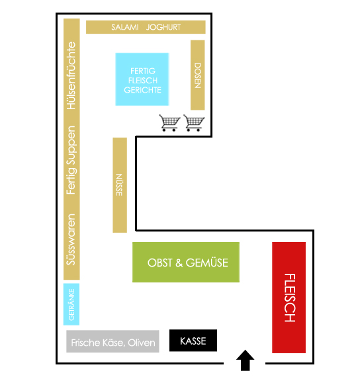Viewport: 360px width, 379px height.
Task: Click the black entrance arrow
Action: coord(245,360)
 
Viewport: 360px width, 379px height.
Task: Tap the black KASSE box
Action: coord(193,341)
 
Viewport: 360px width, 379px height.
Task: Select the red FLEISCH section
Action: coord(289,297)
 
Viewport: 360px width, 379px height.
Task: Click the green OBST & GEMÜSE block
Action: coord(186,262)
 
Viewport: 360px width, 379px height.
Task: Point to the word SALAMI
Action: coord(125,27)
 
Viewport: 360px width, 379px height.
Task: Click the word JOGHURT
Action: coord(163,27)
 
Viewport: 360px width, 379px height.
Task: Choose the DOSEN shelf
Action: coord(197,75)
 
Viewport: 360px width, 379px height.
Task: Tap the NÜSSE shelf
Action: coord(120,185)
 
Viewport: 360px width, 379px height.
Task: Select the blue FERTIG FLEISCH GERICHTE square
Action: coord(142,79)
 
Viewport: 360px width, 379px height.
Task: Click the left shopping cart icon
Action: coord(169,123)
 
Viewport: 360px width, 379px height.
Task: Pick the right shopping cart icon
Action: coord(194,123)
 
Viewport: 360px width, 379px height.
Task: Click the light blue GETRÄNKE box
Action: coord(71,304)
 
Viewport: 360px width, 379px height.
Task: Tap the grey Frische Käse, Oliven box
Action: coord(112,341)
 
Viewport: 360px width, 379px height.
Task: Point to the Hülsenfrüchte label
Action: coord(71,75)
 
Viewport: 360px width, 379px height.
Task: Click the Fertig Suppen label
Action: coord(71,160)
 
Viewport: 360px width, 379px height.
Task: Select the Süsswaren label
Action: coord(71,239)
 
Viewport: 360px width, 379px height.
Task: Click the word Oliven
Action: coord(142,343)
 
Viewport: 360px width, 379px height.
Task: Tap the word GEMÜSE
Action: coord(206,263)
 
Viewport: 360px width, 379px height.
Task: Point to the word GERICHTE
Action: coord(143,90)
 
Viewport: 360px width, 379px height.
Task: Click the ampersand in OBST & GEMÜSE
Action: coord(179,263)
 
